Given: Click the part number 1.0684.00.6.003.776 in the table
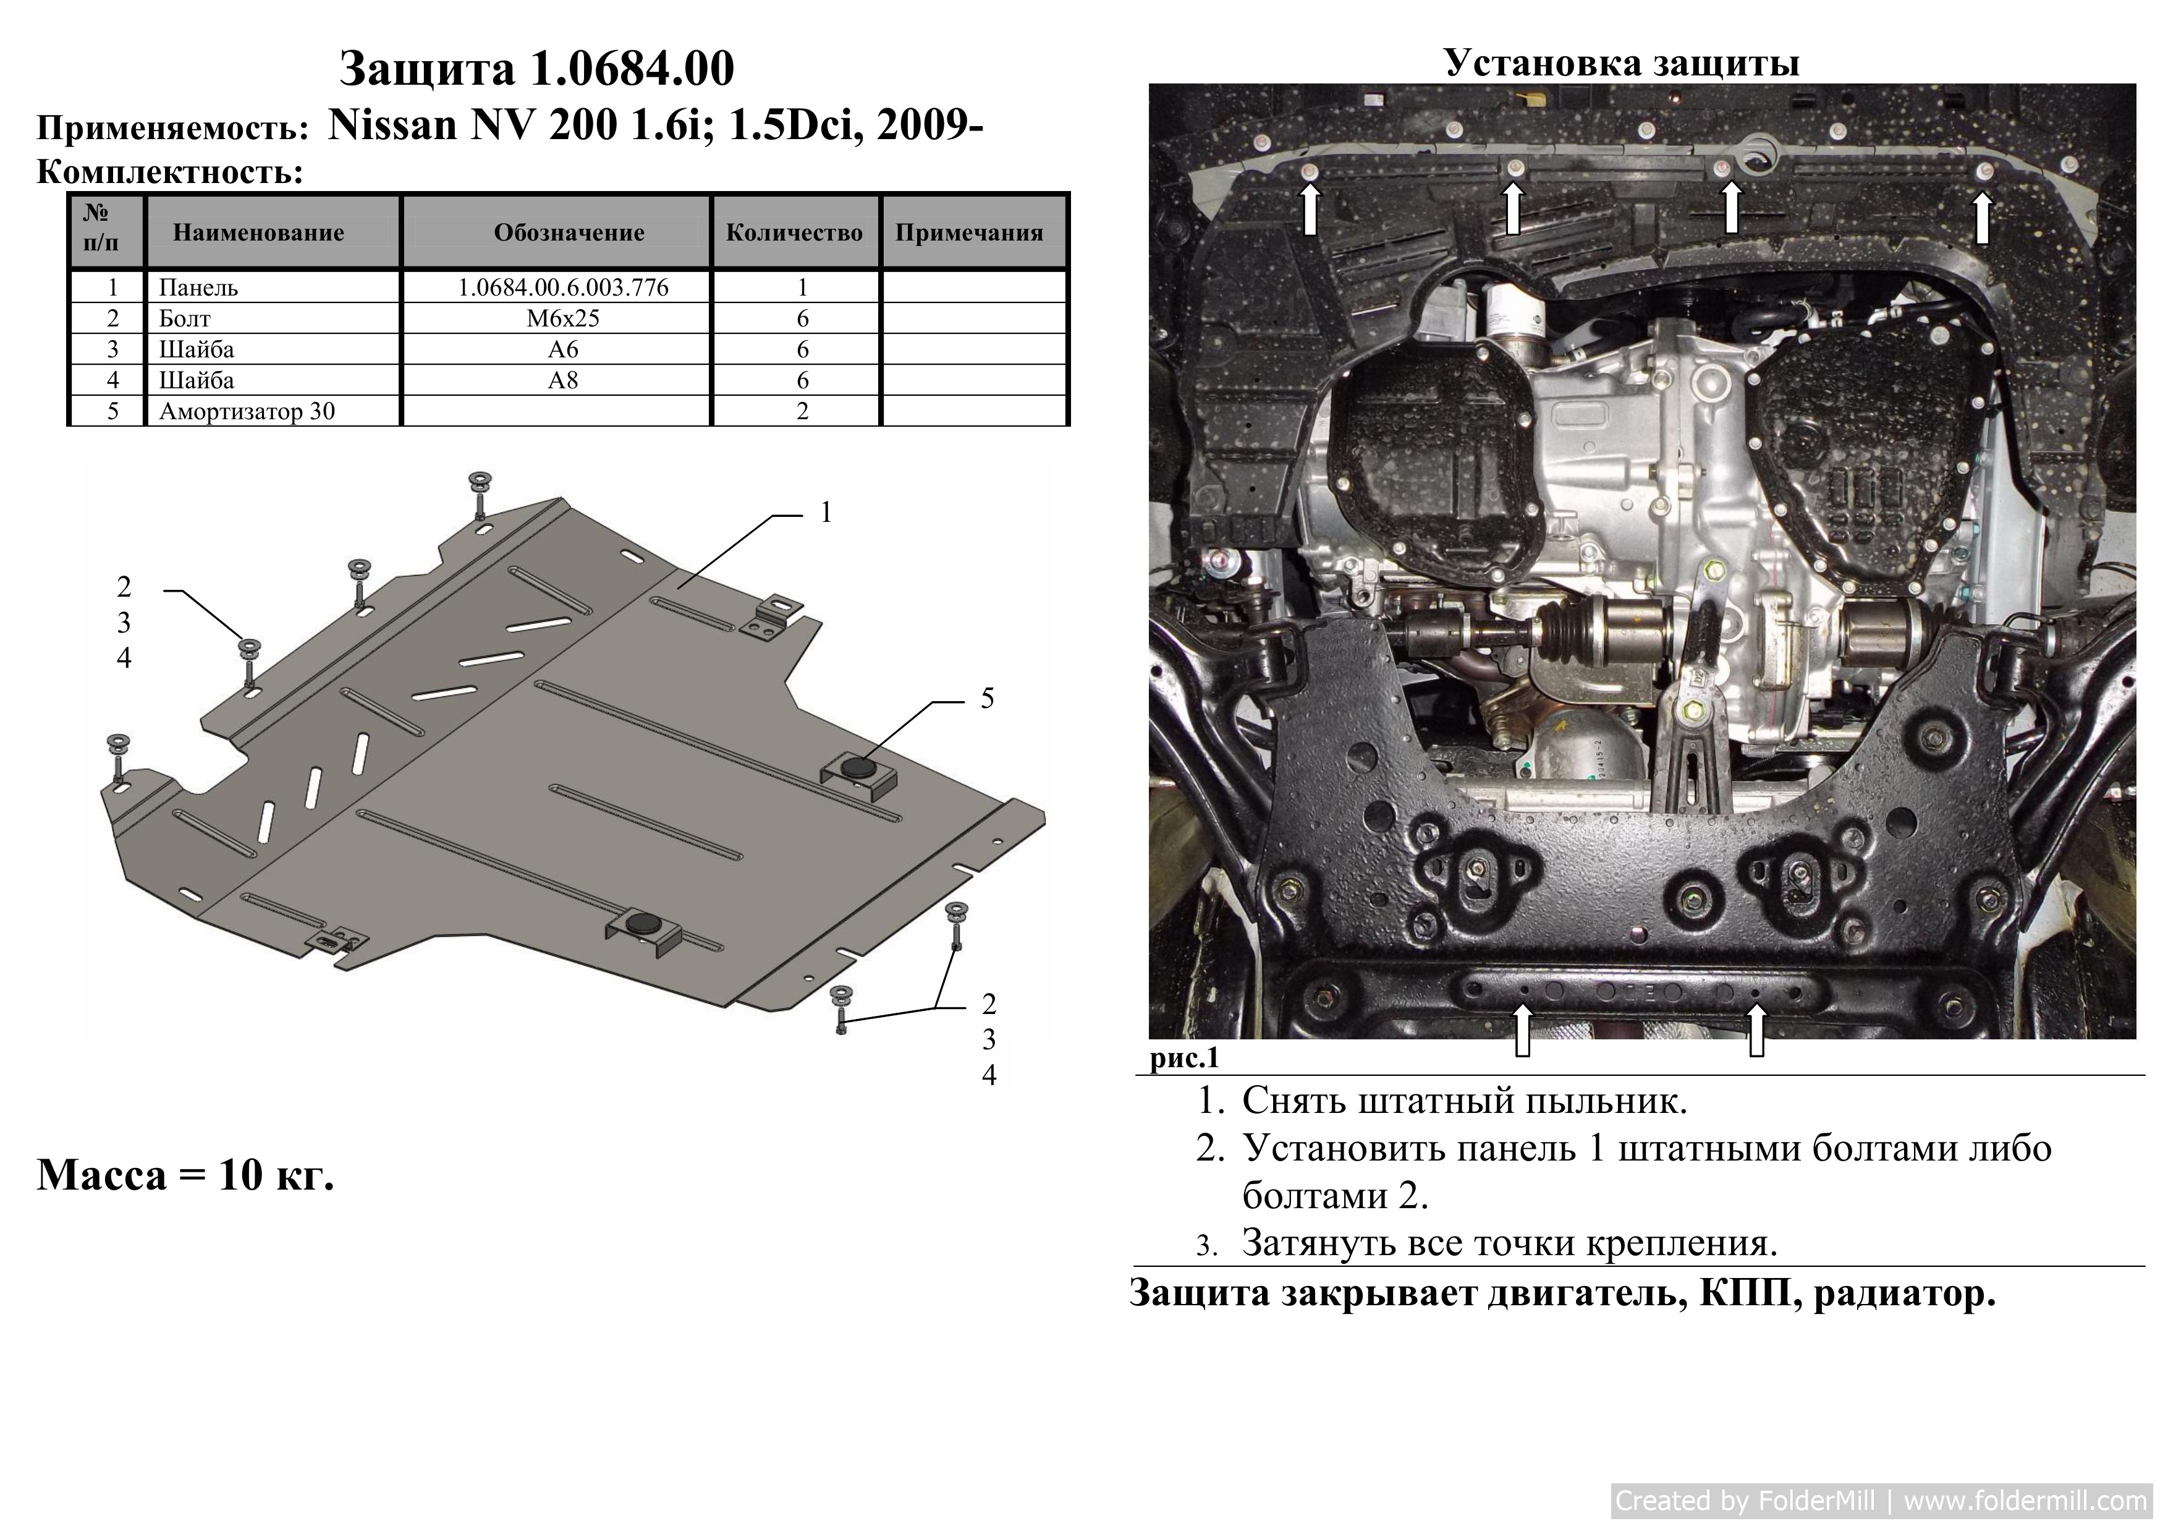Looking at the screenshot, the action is tap(563, 287).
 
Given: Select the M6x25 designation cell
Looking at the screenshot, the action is tap(563, 318).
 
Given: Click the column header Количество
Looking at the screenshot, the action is tap(794, 232).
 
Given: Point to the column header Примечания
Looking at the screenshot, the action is tap(969, 232).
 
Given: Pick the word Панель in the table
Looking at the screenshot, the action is tap(198, 287).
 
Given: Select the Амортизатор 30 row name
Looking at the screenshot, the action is tap(247, 411).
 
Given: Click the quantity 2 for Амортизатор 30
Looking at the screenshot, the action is tap(803, 411).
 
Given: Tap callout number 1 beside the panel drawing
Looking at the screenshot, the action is tap(826, 512).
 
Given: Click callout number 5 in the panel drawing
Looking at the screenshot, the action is tap(987, 698).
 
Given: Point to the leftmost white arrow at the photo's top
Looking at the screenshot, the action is tap(1311, 209).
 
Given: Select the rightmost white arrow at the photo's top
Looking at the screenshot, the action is tap(1983, 217).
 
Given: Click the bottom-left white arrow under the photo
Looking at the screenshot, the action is tap(1522, 1029).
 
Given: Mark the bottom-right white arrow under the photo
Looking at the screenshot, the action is tap(1756, 1029).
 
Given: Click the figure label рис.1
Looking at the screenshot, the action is tap(1184, 1059).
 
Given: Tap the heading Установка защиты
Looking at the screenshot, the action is tap(1621, 62).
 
